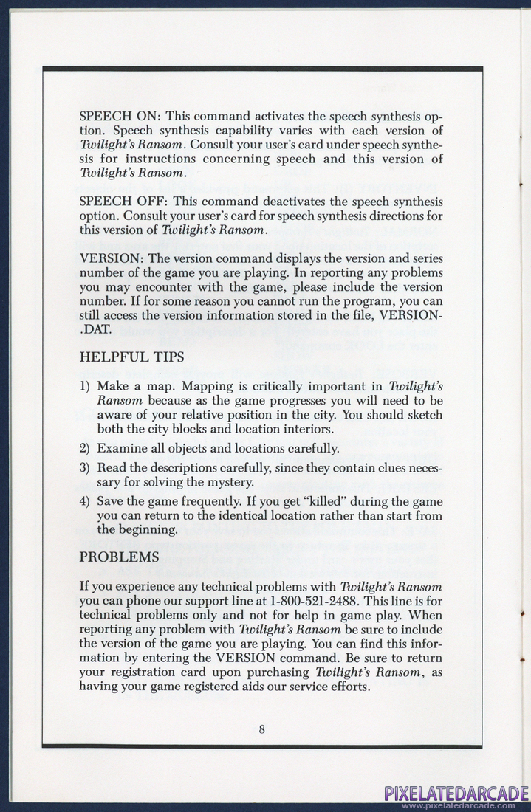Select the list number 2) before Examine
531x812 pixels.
(84, 448)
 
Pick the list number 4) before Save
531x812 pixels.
(84, 502)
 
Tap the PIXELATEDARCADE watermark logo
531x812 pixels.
(456, 793)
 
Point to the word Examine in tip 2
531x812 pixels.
(121, 448)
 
